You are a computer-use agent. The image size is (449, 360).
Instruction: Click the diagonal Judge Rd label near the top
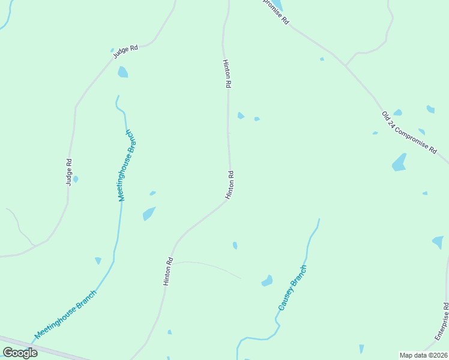(x=125, y=52)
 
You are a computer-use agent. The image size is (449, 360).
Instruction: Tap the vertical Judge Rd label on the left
(x=70, y=170)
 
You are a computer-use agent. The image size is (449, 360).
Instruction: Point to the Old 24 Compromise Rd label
(x=409, y=133)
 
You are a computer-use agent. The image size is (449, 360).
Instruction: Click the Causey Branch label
(x=292, y=287)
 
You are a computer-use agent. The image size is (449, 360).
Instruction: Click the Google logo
(x=20, y=353)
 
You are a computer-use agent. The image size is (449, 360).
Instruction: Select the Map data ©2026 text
(x=423, y=355)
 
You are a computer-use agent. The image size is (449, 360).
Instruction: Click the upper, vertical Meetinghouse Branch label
(x=128, y=165)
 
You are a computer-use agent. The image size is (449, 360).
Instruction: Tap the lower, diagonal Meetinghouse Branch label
(x=65, y=315)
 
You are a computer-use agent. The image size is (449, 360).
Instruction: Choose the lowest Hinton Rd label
(x=169, y=271)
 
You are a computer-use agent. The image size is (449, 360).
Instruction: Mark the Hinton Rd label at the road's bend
(x=229, y=185)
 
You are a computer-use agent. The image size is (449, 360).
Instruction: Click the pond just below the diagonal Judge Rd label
(x=123, y=72)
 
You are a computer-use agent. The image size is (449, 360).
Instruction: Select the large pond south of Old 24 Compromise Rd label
(x=399, y=162)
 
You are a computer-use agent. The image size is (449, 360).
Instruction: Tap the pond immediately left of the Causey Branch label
(x=268, y=280)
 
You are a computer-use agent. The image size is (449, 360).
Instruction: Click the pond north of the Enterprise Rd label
(x=438, y=242)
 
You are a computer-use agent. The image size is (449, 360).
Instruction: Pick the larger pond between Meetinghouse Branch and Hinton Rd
(x=148, y=213)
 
